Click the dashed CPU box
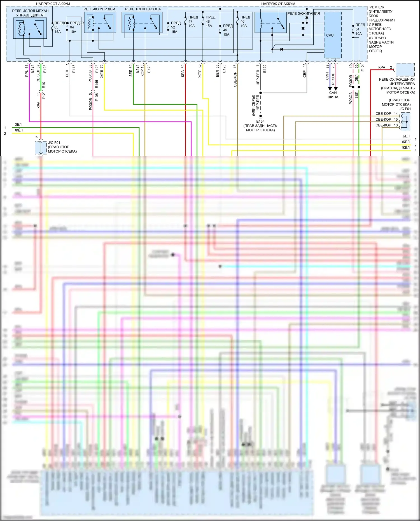[333, 35]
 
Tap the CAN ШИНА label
[333, 95]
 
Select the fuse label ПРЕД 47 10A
[193, 22]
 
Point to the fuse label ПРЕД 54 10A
[360, 29]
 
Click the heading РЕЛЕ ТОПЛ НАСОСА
[143, 9]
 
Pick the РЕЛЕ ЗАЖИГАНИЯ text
[303, 13]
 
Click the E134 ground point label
[260, 122]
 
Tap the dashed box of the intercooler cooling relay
[405, 69]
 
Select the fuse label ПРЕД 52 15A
[175, 27]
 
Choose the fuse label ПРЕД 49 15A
[227, 30]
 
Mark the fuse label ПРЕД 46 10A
[245, 22]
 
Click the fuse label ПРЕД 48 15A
[210, 22]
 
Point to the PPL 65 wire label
[27, 71]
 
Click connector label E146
[97, 84]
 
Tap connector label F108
[97, 97]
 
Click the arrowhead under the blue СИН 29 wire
[330, 88]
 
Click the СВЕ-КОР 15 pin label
[386, 120]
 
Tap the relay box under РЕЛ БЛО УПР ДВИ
[100, 23]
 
